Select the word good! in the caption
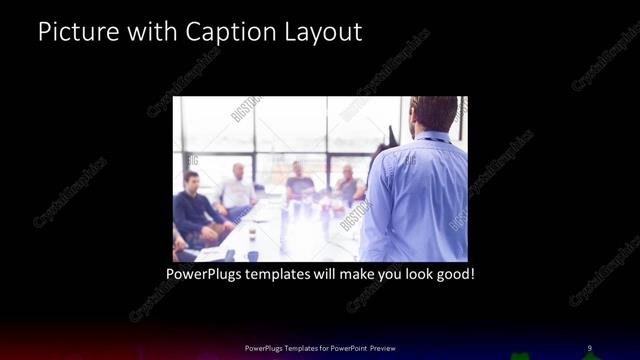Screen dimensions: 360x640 pyautogui.click(x=454, y=271)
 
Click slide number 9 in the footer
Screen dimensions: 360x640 pyautogui.click(x=589, y=348)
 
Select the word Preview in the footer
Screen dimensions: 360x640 pyautogui.click(x=383, y=348)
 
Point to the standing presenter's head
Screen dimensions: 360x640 pyautogui.click(x=433, y=113)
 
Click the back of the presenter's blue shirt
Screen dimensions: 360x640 pyautogui.click(x=415, y=195)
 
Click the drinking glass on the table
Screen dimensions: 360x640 pyautogui.click(x=252, y=233)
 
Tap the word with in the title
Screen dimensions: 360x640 pyautogui.click(x=153, y=32)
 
